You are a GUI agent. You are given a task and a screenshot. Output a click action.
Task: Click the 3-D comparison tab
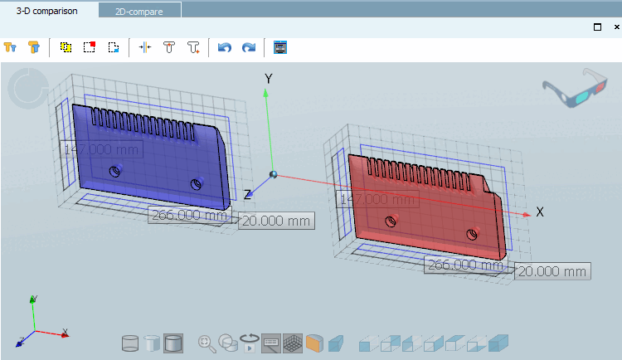point(47,11)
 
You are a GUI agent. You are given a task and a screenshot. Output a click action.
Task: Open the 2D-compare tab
point(138,11)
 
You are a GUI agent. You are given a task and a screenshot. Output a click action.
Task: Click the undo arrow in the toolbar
point(224,47)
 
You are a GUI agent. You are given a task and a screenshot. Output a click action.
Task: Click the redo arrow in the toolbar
point(248,47)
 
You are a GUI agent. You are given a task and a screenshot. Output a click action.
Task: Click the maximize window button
point(597,27)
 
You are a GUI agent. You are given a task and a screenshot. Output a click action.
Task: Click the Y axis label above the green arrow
point(268,78)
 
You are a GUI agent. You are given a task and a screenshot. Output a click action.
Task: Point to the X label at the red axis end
point(540,212)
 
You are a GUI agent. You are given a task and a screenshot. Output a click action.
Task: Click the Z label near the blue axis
point(247,194)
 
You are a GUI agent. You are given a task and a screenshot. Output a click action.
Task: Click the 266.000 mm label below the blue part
point(189,215)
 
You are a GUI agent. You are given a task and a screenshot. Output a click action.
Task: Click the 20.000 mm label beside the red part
point(552,271)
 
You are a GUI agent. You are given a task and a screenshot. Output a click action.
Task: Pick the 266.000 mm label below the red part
point(464,265)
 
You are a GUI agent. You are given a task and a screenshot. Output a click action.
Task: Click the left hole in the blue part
point(116,172)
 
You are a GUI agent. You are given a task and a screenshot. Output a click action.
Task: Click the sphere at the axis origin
point(273,174)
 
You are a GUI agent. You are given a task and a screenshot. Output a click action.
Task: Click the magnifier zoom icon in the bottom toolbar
point(206,343)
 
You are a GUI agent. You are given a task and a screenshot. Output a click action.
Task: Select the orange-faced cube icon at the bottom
point(314,343)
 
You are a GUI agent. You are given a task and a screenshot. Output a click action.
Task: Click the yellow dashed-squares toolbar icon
point(66,47)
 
